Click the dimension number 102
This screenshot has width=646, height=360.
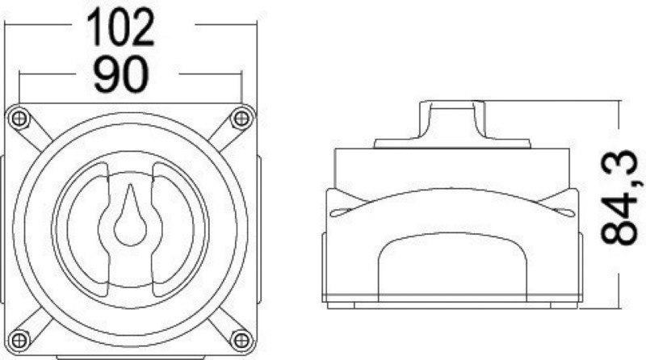click(121, 27)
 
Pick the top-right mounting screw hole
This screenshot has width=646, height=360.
click(240, 119)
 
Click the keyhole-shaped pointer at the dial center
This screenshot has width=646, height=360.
click(129, 218)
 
